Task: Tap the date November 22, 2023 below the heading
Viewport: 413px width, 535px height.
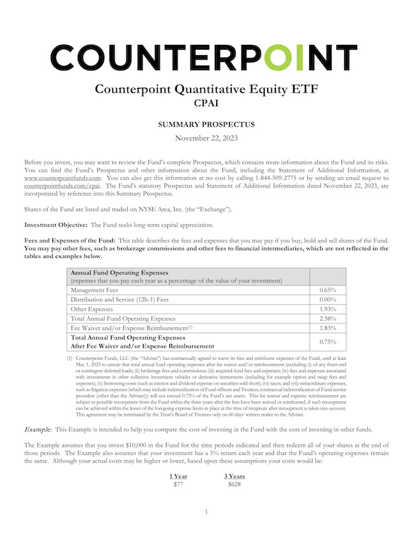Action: tap(206, 139)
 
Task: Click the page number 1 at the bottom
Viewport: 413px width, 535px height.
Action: tap(206, 514)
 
